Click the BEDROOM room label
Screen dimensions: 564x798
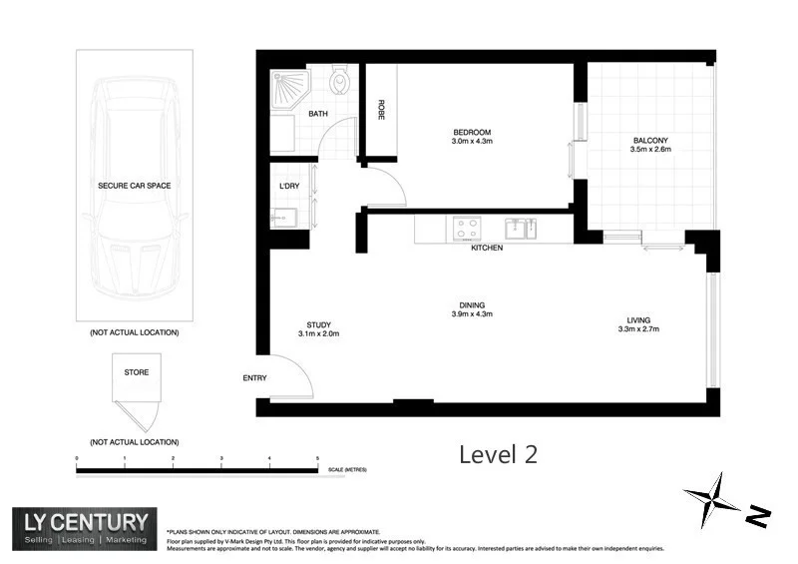(472, 133)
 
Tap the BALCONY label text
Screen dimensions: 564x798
(650, 140)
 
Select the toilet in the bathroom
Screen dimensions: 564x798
(340, 80)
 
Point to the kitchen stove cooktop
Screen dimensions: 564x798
(467, 229)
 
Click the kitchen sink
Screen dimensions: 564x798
(519, 229)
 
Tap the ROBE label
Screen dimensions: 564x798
(380, 110)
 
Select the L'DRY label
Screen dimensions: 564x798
(289, 187)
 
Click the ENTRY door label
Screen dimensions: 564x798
(255, 378)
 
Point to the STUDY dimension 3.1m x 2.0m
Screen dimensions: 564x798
(319, 334)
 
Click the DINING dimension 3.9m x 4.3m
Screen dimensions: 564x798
(472, 313)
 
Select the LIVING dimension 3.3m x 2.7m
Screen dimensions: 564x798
(638, 328)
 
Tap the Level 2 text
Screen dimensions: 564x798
(498, 454)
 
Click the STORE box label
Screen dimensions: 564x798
(136, 372)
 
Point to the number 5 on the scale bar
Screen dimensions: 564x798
(317, 459)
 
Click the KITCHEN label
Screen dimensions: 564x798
(487, 248)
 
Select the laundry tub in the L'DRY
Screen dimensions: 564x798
(280, 217)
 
